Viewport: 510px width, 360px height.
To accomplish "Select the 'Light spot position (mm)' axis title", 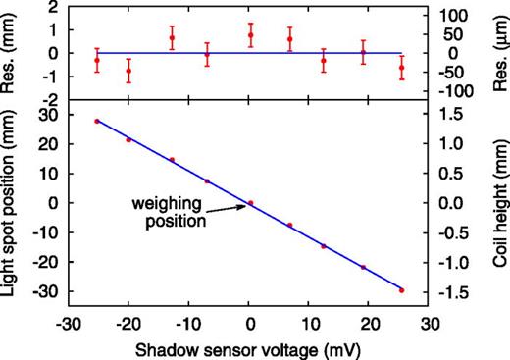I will [x=14, y=206].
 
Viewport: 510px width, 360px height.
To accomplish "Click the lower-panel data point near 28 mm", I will [x=97, y=121].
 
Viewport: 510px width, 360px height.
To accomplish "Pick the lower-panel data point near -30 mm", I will [x=402, y=290].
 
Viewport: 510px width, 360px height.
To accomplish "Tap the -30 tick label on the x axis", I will [x=68, y=321].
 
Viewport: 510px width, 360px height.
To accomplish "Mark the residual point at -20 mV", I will [x=128, y=71].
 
